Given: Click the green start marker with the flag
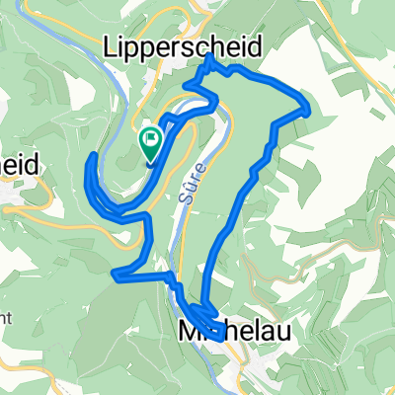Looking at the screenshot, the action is coord(152,143).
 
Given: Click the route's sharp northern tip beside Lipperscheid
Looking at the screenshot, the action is coord(210,58).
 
